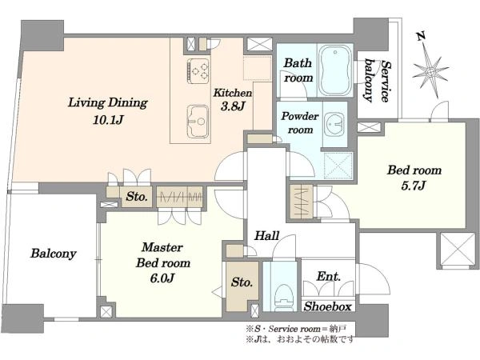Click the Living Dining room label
coord(107,103)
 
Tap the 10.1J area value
coord(108,120)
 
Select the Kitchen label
coord(233,93)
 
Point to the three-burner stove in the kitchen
coord(198,70)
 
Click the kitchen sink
coord(198,121)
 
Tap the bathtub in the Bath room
coord(335,71)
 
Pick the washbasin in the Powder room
coord(335,124)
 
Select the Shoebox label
coord(327,306)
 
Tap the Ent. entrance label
coord(328,277)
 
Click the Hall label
coord(267,236)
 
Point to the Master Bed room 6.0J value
coord(162,278)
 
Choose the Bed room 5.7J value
coord(414,186)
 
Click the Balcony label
coord(54,254)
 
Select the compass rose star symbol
coord(430,72)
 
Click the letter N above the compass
coord(421,37)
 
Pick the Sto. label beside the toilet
coord(242,282)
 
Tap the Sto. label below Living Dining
coord(137,197)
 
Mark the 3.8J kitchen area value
coord(233,106)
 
